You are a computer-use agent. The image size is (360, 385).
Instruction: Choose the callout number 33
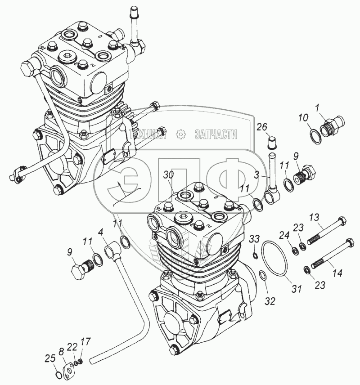click(254, 238)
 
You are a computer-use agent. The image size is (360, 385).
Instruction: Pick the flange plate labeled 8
click(69, 367)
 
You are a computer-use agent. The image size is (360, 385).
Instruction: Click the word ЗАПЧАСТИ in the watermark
click(216, 134)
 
